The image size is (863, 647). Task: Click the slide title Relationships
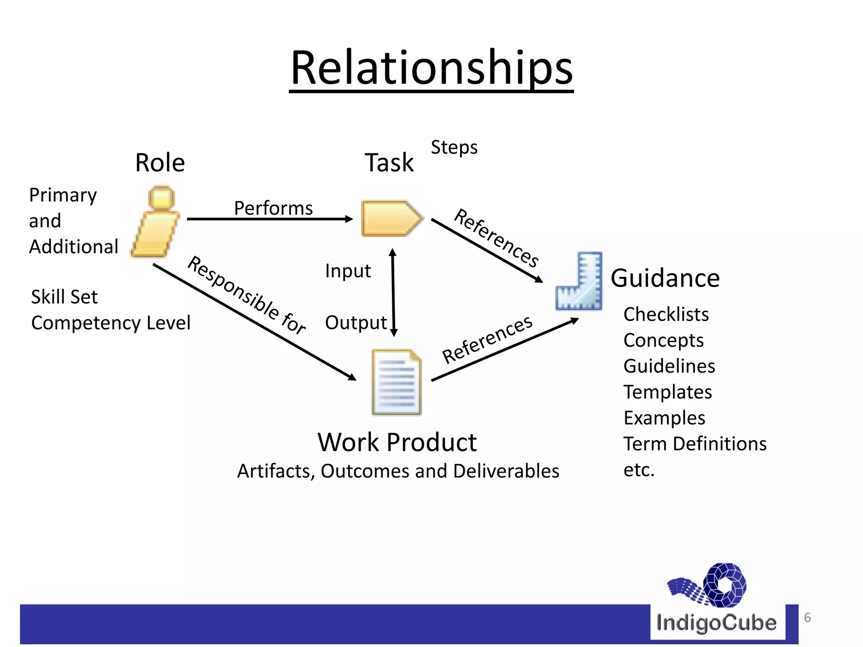431,68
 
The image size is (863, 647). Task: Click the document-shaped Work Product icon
397,382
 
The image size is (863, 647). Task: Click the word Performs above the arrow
273,208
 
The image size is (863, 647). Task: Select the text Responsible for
247,295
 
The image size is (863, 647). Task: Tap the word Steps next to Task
454,147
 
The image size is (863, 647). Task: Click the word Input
348,271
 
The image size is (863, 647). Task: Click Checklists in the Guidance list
666,314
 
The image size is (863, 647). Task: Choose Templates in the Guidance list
668,392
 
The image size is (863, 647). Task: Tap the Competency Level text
111,323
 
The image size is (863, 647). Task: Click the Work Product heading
397,442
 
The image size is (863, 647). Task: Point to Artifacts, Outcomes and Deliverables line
398,471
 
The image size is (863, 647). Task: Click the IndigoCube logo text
716,623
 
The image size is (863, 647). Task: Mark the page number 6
807,618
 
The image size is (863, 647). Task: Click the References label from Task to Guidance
496,238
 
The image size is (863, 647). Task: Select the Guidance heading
665,278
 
